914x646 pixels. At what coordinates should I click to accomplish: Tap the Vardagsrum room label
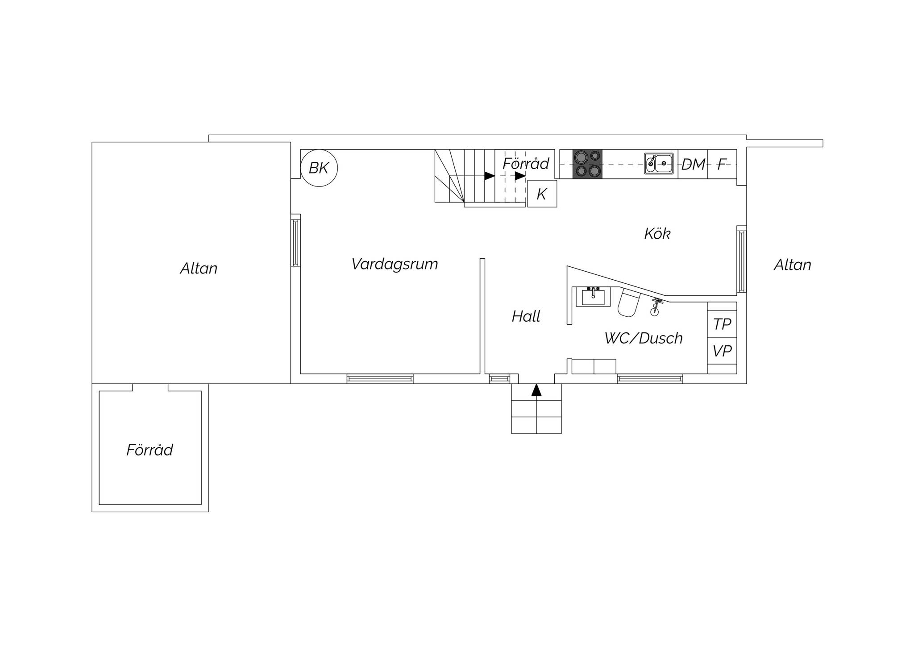pos(395,264)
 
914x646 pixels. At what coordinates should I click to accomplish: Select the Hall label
pos(526,316)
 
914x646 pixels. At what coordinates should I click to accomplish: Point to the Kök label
pos(657,233)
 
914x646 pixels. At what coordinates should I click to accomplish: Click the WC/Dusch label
pos(644,338)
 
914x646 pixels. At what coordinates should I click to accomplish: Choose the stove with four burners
pos(587,164)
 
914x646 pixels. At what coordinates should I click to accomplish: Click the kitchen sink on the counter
pos(659,163)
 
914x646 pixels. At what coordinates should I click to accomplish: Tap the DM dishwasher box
pos(693,164)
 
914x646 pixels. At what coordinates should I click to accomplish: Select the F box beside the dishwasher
pos(722,164)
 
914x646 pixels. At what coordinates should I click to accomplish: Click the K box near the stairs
pos(542,194)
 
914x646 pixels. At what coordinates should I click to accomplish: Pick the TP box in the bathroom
pos(722,324)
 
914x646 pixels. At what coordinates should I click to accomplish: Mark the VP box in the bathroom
pos(722,351)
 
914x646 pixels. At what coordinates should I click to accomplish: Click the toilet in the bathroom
pos(628,302)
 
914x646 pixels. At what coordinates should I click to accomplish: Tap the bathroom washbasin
pos(593,297)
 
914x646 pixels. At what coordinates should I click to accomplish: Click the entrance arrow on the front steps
pos(536,390)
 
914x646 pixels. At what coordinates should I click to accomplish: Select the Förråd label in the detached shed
pos(150,450)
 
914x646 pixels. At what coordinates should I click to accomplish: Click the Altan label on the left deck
pos(199,268)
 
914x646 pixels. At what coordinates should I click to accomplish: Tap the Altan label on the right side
pos(792,265)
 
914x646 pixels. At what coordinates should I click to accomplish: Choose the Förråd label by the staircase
pos(526,164)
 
